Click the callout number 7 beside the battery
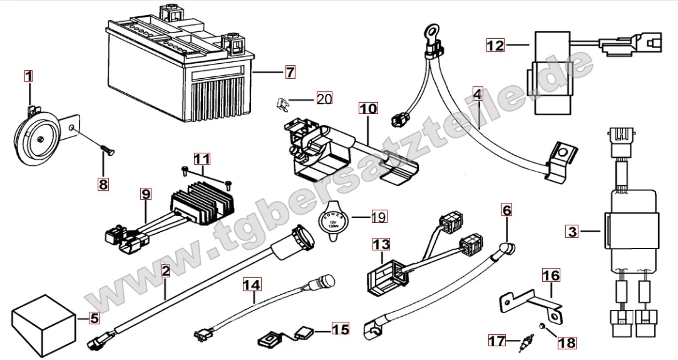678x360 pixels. [x=289, y=72]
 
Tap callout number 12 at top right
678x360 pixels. [x=495, y=45]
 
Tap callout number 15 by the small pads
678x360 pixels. [x=340, y=328]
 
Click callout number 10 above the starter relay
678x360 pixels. [x=369, y=108]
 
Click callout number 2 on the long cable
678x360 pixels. [x=165, y=271]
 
